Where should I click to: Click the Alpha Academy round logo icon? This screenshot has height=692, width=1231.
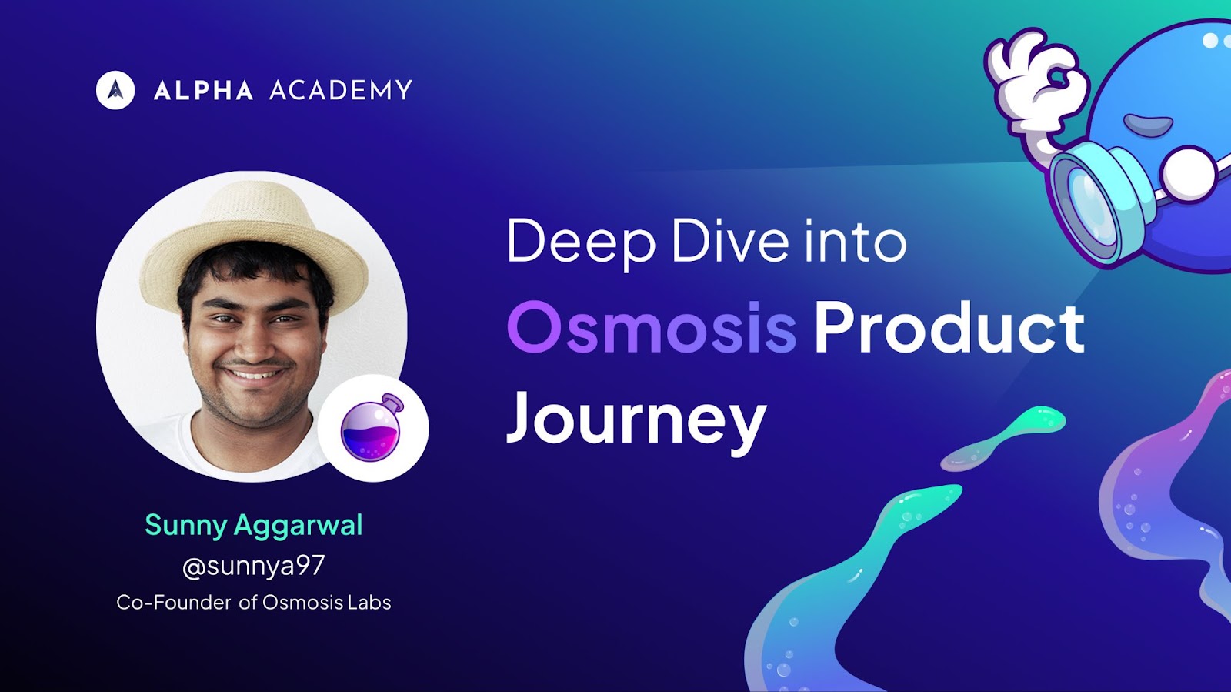tap(115, 90)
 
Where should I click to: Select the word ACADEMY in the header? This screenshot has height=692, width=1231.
tap(341, 90)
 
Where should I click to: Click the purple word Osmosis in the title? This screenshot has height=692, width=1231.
tap(652, 328)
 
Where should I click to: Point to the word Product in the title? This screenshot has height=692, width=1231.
tap(949, 328)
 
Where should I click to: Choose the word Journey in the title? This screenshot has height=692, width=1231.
tap(636, 422)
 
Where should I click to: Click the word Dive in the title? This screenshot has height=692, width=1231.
tap(730, 241)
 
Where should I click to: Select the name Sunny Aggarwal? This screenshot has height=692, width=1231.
tap(254, 526)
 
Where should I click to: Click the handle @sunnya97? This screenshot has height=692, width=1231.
tap(253, 566)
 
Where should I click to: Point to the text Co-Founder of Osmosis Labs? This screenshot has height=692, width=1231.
tap(254, 603)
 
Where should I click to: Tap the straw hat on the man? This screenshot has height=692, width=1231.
tap(254, 242)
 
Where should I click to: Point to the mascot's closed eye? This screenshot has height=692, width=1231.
tap(1147, 123)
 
